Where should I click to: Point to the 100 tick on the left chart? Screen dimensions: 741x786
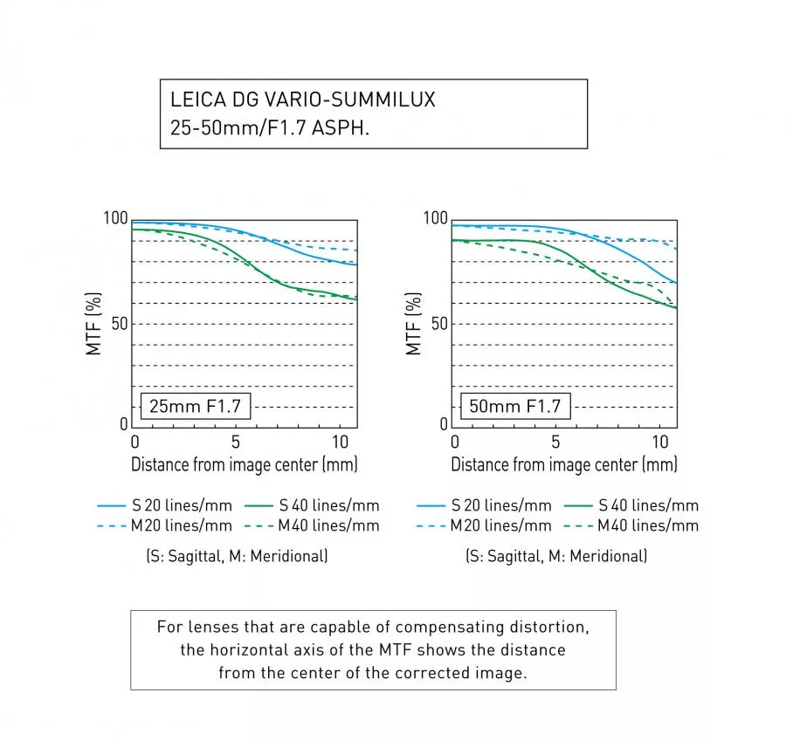(x=116, y=218)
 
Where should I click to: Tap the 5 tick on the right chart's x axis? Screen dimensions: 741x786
(x=555, y=442)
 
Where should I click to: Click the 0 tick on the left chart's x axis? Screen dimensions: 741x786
(x=134, y=442)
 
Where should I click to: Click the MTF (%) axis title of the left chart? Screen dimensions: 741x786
(x=93, y=323)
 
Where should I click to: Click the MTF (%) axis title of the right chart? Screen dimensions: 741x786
(x=414, y=323)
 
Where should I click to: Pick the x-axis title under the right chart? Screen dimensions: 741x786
(x=564, y=464)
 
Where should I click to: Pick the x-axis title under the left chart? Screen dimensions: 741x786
(x=244, y=464)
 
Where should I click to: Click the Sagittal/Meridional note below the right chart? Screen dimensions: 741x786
(x=556, y=556)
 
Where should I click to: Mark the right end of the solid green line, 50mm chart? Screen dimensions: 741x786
(x=677, y=308)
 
